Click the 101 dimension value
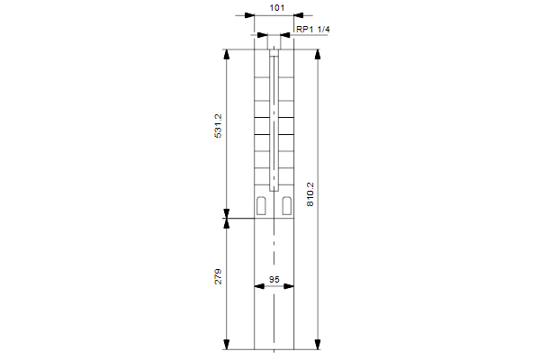[277, 7]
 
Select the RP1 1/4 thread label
[312, 30]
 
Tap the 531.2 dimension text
[219, 126]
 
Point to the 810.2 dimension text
[310, 194]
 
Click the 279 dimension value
[219, 276]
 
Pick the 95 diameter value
[274, 279]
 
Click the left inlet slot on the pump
[261, 206]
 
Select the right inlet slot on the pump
[287, 206]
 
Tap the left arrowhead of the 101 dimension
[249, 15]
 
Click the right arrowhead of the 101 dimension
[299, 15]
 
